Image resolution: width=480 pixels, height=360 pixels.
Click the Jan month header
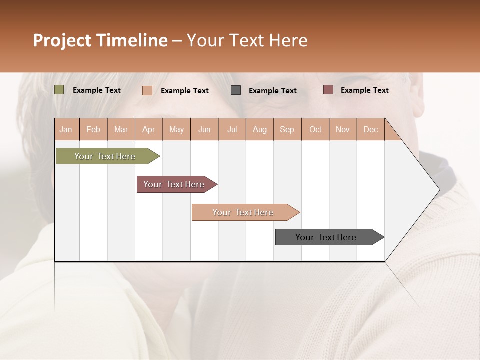point(66,129)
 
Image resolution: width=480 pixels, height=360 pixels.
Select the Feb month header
point(93,129)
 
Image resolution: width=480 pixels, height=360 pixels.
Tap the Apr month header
point(149,129)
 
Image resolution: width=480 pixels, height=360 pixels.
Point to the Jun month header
point(204,129)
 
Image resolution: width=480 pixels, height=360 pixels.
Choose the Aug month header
point(260,129)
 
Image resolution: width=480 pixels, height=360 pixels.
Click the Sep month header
point(287,129)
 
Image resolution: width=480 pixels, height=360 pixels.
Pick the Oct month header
point(315,129)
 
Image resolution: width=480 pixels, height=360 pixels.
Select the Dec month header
point(370,129)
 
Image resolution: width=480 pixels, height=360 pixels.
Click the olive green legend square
point(59,90)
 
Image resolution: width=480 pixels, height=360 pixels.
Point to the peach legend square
point(147,90)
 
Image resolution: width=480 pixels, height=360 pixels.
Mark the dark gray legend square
point(236,90)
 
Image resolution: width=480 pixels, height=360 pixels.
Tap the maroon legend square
point(328,90)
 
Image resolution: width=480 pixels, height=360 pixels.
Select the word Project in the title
point(62,40)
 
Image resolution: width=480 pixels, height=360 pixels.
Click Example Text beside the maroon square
point(364,90)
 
